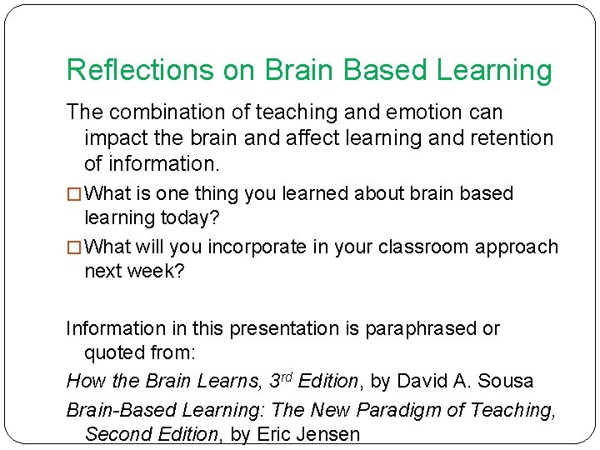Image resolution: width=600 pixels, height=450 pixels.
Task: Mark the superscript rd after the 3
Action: click(286, 376)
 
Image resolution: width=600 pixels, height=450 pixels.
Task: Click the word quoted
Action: click(113, 352)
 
